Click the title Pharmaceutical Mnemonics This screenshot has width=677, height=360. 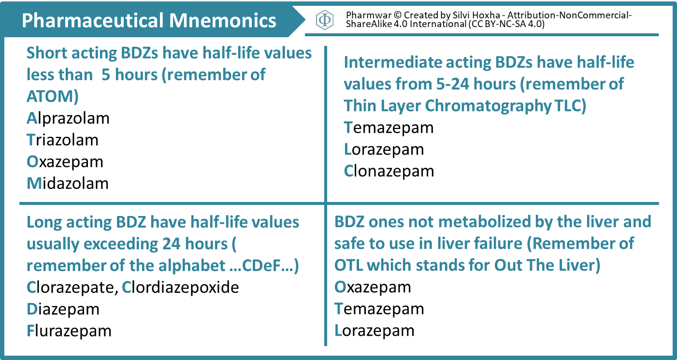click(149, 20)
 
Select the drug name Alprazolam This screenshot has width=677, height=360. click(68, 118)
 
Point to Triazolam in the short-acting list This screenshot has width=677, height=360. click(63, 140)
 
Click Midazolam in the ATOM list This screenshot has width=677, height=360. click(68, 183)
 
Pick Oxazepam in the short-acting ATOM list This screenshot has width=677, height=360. click(65, 161)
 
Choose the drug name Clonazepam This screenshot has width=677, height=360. click(389, 171)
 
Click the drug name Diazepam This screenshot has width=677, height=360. click(63, 309)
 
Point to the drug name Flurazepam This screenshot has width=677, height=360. click(69, 331)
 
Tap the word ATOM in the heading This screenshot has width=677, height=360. click(50, 97)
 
